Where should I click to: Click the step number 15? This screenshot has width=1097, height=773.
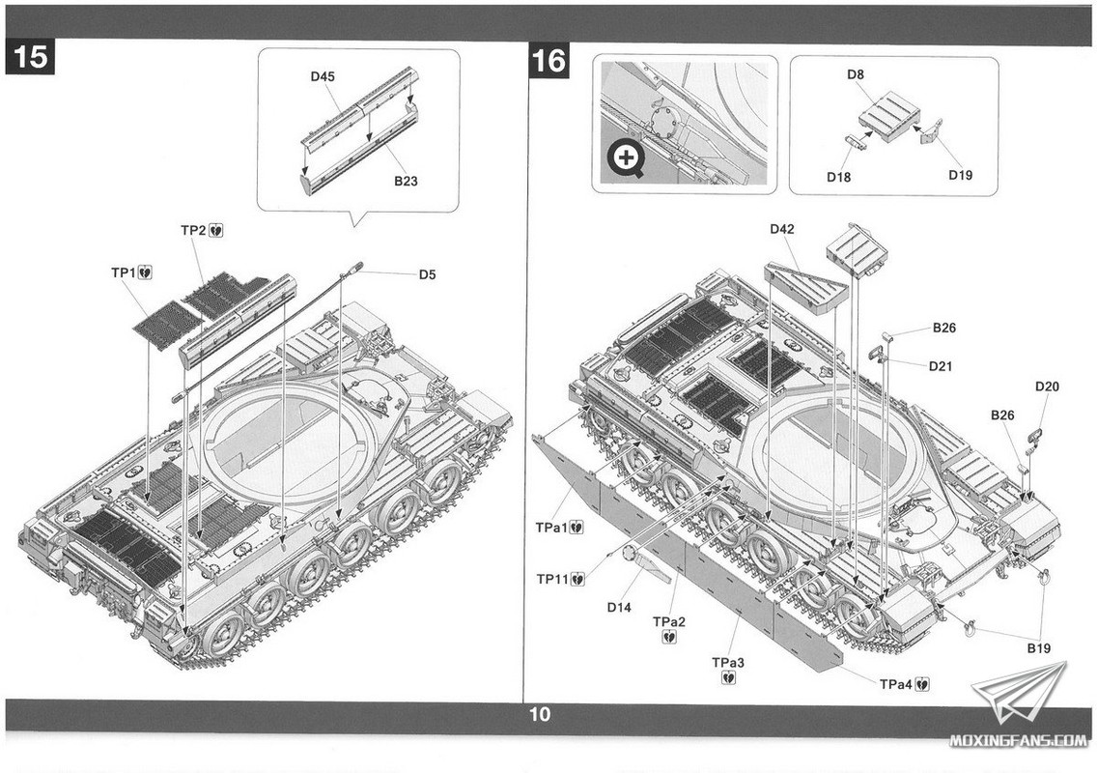(30, 58)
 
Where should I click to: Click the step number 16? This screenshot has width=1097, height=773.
(548, 60)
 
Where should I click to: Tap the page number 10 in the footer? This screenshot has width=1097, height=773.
(540, 715)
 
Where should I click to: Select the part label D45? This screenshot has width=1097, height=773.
(323, 77)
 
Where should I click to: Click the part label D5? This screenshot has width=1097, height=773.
(427, 274)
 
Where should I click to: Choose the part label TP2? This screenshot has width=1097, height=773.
(194, 231)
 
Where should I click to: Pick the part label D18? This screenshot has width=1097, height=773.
(837, 177)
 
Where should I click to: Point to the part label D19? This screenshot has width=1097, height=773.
(960, 175)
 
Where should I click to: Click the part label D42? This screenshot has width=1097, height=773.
(781, 230)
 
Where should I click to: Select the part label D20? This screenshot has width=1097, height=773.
(1047, 387)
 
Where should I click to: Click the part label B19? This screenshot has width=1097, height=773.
(1038, 647)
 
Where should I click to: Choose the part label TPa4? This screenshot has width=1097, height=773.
(896, 684)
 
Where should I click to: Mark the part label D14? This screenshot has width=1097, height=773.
(619, 607)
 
